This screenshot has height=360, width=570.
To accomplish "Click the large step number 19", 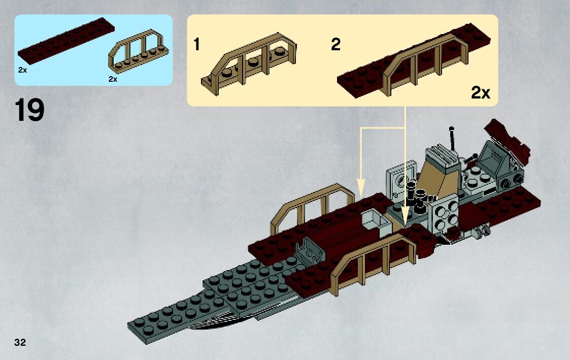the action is pos(29,111).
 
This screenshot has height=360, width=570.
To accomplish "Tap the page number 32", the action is pos(20,342).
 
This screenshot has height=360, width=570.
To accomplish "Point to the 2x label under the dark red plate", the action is pos(22,71).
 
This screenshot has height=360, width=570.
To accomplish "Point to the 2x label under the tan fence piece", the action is pos(113,79).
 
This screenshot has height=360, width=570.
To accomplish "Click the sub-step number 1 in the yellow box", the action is pos(196,45).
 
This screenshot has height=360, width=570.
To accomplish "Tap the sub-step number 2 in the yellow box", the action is pos(335,45).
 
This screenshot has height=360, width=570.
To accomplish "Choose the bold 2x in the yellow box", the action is pos(481,92).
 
